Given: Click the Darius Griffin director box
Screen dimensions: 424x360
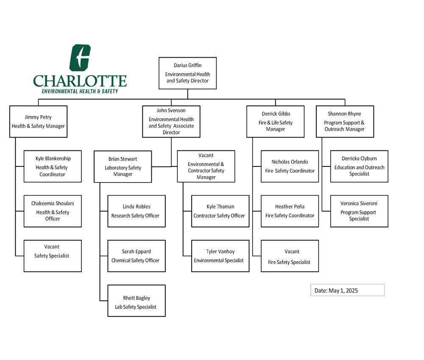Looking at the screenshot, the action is [x=187, y=73].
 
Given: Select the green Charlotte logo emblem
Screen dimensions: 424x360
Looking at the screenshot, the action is [x=80, y=58].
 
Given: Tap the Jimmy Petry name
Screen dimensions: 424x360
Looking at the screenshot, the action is [x=38, y=117].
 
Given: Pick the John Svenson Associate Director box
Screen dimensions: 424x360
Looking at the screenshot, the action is [x=171, y=122].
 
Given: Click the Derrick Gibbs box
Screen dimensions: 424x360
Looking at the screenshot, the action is [x=275, y=122].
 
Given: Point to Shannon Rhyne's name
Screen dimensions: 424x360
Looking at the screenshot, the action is [x=344, y=114].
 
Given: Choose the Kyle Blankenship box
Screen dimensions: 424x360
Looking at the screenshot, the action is [x=53, y=166].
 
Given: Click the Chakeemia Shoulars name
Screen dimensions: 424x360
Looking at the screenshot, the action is [x=53, y=203].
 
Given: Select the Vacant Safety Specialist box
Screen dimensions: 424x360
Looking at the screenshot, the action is [x=53, y=256].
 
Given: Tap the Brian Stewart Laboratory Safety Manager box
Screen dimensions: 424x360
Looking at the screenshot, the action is [x=123, y=166].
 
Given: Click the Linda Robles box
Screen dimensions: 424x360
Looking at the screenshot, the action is [x=137, y=211].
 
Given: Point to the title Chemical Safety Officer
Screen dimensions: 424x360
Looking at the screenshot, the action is [x=135, y=260].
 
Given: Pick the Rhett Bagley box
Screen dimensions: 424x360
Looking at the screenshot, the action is [x=137, y=301].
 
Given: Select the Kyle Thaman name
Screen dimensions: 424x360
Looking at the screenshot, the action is [x=220, y=207].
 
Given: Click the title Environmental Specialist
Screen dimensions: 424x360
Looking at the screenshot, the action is [x=218, y=260].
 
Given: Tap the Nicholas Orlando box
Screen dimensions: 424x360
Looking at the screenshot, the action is [x=290, y=166].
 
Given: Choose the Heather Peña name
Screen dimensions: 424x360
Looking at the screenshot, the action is [x=290, y=207].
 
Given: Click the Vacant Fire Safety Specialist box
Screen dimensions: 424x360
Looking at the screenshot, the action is [x=290, y=256].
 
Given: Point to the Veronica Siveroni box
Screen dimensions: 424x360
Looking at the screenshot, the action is [x=359, y=211].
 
